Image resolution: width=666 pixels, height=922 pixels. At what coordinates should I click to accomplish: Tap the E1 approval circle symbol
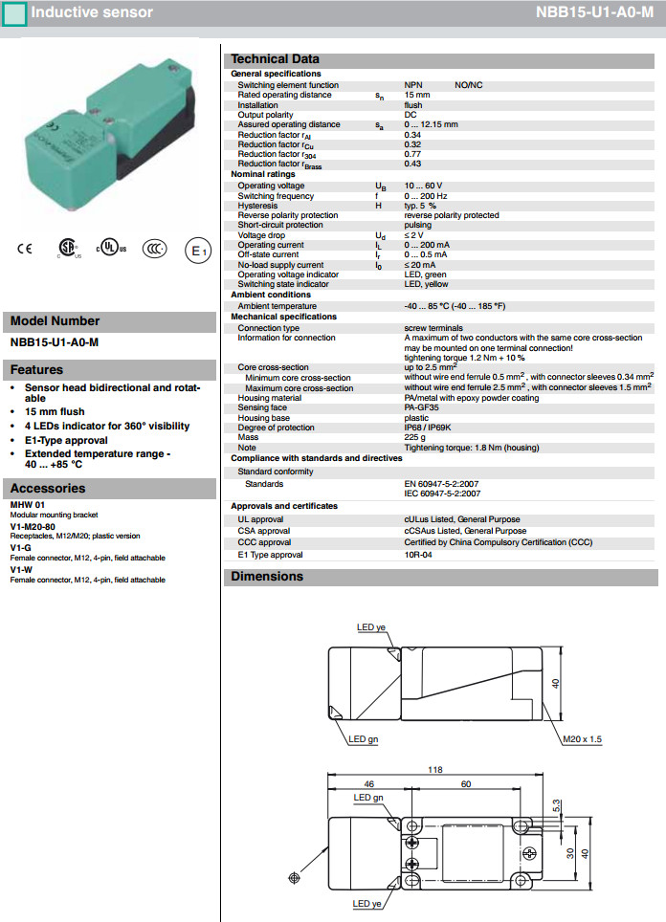pos(196,251)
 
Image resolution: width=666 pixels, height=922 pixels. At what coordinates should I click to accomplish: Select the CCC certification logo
pos(154,249)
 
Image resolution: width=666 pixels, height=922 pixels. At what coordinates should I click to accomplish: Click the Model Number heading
pos(55,321)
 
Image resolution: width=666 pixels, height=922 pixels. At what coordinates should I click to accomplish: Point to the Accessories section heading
pos(48,489)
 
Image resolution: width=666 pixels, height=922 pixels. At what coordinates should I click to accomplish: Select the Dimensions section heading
pos(267,577)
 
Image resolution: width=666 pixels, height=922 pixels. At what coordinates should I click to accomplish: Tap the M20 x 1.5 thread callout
pos(582,739)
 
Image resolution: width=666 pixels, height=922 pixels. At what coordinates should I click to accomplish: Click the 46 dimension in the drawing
pos(368,784)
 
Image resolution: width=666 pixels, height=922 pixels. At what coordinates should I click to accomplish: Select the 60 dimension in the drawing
pos(465,784)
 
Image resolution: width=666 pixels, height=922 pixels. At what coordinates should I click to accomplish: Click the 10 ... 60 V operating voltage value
pos(424,185)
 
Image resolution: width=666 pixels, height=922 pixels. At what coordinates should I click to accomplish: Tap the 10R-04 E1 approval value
pos(417,555)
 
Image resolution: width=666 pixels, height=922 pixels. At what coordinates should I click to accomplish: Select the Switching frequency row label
pos(276,196)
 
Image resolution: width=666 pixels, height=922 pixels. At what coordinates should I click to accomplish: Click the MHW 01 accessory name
pos(27,504)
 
